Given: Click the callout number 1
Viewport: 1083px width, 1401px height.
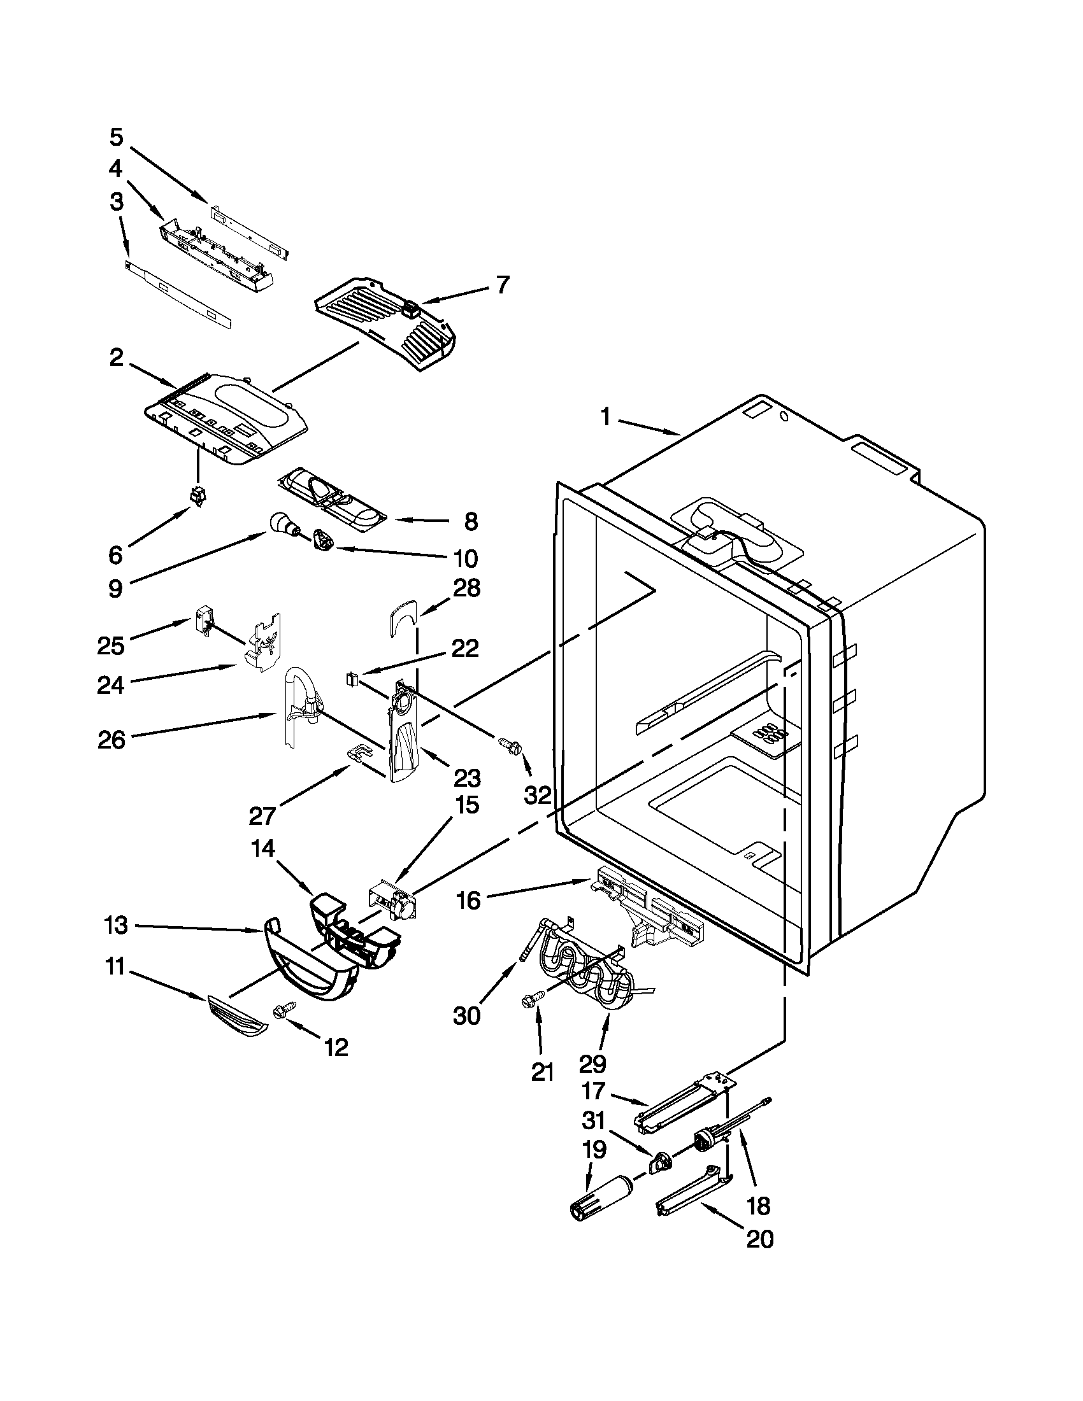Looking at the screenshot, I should click(605, 417).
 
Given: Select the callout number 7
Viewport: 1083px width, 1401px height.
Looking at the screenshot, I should click(503, 284).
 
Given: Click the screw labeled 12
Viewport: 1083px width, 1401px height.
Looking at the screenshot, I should click(282, 1010).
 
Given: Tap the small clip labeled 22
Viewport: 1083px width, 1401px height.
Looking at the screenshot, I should click(352, 677).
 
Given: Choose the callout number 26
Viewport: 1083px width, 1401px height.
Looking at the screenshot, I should click(111, 740).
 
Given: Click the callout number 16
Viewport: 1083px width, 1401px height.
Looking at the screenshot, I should click(469, 901).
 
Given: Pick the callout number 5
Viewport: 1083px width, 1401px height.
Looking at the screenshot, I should click(116, 137).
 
